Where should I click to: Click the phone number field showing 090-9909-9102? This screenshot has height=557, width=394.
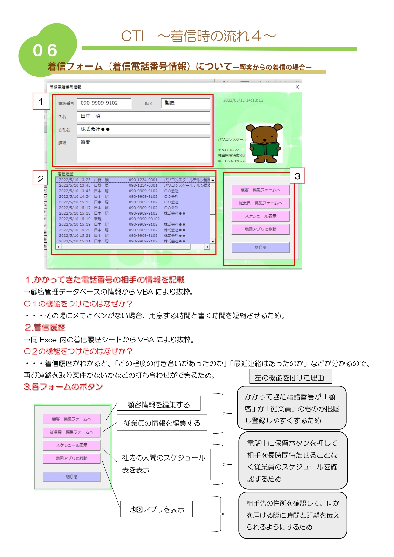point(104,103)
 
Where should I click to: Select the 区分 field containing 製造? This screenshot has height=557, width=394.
point(185,103)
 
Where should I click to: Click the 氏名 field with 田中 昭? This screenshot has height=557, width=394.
point(144,116)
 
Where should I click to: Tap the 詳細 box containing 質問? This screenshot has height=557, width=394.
point(144,150)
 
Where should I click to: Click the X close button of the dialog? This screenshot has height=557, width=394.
point(297,87)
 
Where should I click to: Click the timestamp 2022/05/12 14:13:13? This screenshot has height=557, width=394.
point(243,100)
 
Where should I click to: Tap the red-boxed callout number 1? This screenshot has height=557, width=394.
point(41,102)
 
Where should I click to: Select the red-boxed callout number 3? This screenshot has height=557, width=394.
point(297,176)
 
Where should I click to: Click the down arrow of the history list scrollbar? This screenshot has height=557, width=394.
point(213,242)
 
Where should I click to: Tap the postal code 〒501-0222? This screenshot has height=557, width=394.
point(229,150)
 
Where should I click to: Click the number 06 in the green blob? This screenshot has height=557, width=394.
point(45,51)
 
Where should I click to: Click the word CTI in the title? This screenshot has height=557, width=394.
point(132,36)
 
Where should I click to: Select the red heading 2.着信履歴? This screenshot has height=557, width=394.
point(45,328)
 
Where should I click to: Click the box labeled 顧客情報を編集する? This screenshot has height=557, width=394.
point(158,404)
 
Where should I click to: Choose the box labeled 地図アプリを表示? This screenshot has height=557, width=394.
point(156,509)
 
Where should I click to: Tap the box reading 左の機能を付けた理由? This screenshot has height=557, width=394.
point(290,377)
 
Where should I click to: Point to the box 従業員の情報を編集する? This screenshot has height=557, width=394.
point(162,423)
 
